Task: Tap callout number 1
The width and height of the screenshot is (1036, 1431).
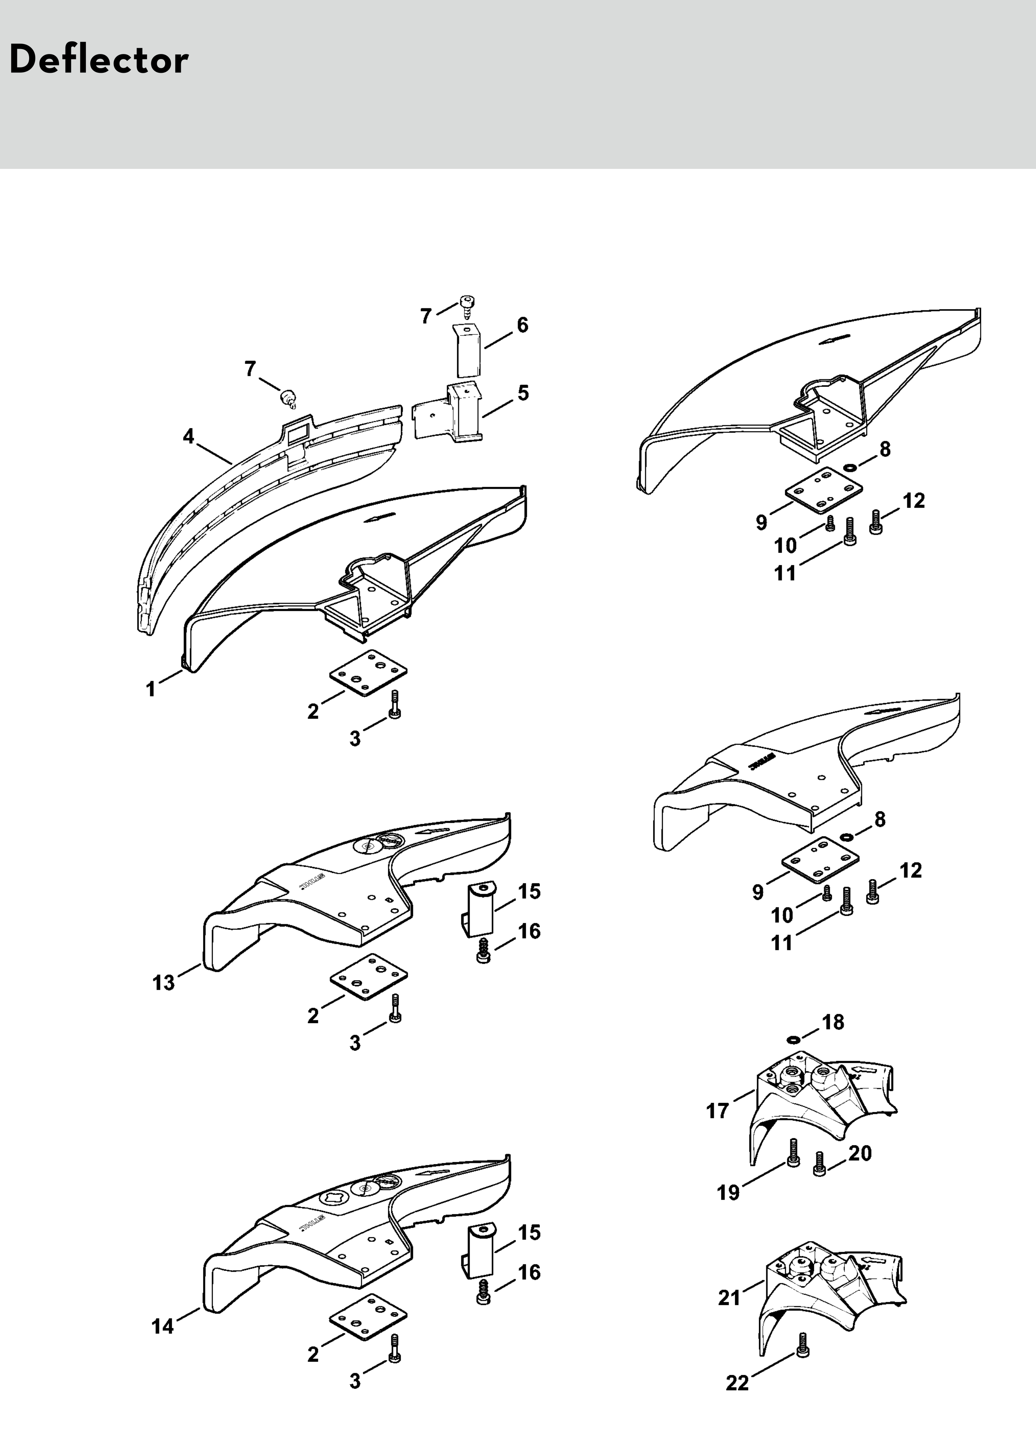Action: click(151, 689)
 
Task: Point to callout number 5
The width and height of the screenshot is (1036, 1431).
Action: click(523, 393)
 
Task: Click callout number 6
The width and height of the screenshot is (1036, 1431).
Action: click(523, 326)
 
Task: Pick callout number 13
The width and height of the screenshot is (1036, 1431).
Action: click(164, 982)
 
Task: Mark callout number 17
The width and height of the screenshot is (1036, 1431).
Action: click(717, 1110)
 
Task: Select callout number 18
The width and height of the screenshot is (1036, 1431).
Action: click(833, 1022)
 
